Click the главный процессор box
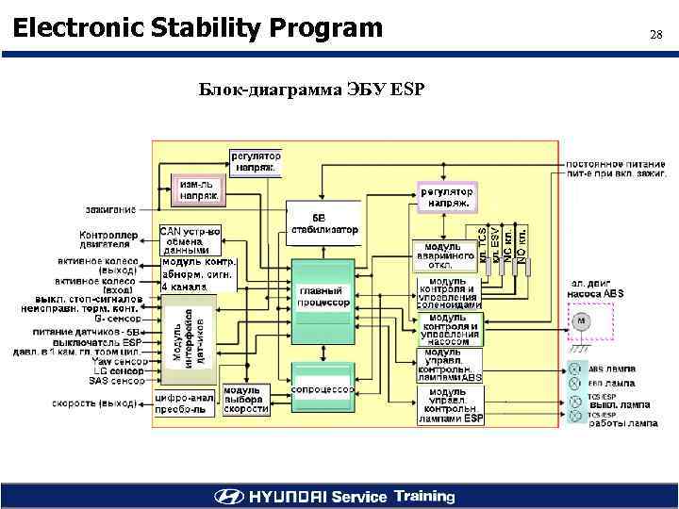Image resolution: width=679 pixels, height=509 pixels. [x=323, y=297]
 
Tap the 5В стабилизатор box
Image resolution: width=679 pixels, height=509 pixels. [x=323, y=224]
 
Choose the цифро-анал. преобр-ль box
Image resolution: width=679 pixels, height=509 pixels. [x=184, y=403]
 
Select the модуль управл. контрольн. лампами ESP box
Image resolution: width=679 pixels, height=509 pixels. [x=453, y=405]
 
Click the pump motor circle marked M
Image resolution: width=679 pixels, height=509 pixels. [x=582, y=322]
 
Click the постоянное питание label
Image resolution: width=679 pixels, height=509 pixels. [x=610, y=164]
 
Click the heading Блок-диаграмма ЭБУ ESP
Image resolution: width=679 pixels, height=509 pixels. [x=312, y=90]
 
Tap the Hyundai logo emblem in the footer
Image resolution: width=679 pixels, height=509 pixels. [x=229, y=496]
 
